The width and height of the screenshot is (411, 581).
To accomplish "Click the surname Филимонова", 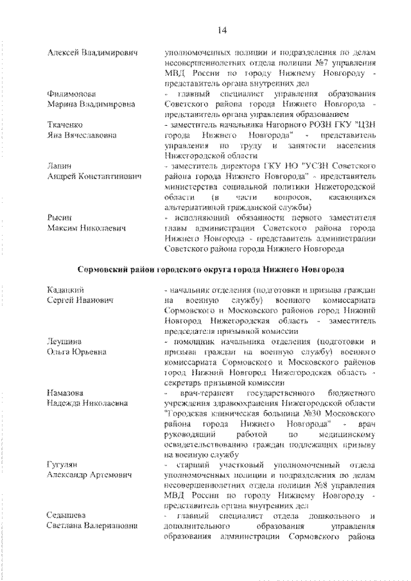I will (68, 93).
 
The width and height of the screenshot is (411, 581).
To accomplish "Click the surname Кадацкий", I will (65, 290).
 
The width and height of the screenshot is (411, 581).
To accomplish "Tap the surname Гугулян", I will (63, 464).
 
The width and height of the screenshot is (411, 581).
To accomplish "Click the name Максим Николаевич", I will (87, 228).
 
